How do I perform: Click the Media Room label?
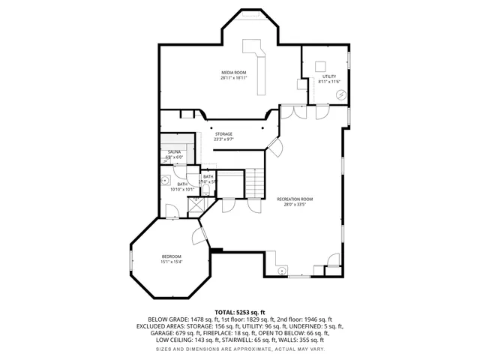[x=233, y=72]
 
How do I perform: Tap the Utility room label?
[x=330, y=76]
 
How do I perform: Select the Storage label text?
[x=223, y=133]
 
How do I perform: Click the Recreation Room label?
[x=294, y=199]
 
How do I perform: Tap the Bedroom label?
[x=171, y=256]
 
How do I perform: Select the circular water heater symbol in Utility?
[x=340, y=94]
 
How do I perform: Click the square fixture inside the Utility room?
[x=319, y=64]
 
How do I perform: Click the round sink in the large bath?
[x=164, y=180]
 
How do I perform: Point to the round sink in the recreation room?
[x=282, y=270]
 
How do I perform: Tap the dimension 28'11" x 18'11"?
[x=233, y=78]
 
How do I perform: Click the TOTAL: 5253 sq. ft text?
[x=239, y=312]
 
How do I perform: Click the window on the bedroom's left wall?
[x=131, y=262]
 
